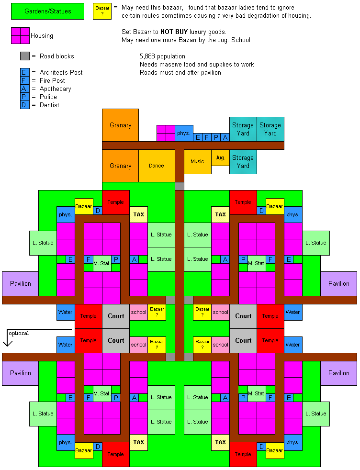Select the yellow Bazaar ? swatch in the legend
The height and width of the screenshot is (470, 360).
point(102,11)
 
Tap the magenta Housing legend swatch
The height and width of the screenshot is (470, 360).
point(20,35)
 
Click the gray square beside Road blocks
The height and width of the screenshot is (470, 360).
point(25,56)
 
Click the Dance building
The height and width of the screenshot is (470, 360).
point(156,166)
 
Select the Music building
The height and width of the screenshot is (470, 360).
point(197,162)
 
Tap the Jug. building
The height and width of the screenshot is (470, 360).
point(220,157)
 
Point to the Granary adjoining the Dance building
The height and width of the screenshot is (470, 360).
point(120,166)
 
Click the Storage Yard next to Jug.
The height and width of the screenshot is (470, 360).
point(243,162)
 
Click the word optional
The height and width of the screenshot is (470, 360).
point(18,333)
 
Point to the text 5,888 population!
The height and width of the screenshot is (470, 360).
point(163,56)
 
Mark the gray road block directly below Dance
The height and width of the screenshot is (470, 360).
point(179,186)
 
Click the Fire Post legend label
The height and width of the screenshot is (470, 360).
point(52,80)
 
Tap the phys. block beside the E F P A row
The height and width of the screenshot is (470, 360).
point(184,133)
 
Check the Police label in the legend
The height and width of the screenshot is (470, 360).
point(48,97)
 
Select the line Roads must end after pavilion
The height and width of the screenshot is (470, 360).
point(180,72)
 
